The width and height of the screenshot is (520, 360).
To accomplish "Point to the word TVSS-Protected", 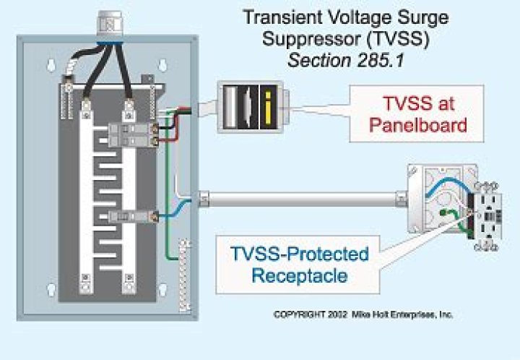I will (299, 254).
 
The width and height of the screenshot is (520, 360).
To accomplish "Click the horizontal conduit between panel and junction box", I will (303, 197).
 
